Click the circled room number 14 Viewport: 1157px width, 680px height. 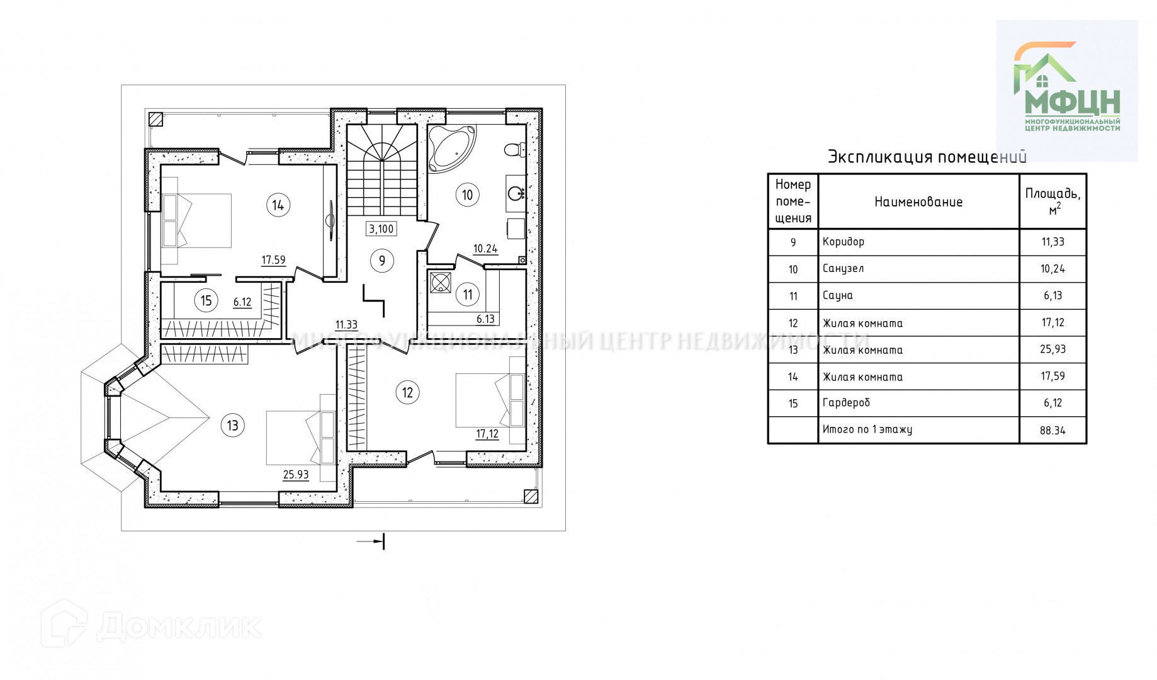(278, 205)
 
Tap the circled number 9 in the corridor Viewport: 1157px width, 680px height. (382, 261)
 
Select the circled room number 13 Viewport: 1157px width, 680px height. (233, 426)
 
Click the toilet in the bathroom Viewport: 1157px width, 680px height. (515, 150)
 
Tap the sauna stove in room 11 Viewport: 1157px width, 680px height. (441, 282)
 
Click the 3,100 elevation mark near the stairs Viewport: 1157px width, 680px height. (381, 229)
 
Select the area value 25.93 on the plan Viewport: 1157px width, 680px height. (296, 475)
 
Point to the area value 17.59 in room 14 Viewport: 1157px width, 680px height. (273, 260)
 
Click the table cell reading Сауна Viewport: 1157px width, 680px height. (838, 295)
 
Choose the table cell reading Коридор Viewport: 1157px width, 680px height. (844, 242)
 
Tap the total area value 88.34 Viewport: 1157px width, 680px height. (1053, 431)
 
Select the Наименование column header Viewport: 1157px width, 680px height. (918, 202)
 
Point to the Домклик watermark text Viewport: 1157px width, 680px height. (179, 626)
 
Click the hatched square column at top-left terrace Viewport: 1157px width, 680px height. (155, 119)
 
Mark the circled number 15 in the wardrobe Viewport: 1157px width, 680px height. (206, 301)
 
